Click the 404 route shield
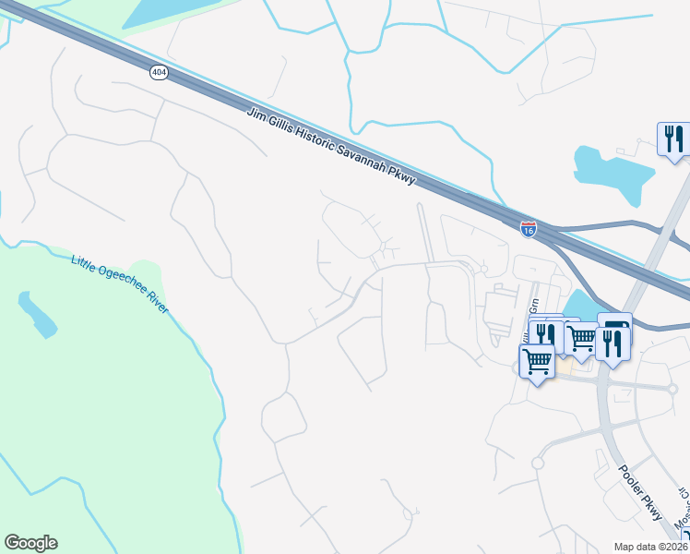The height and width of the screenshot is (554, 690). [159, 73]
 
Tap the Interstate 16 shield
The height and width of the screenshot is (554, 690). [528, 229]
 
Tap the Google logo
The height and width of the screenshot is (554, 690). [30, 543]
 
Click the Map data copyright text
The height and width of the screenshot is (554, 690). [651, 547]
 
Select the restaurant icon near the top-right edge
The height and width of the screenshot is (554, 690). [673, 139]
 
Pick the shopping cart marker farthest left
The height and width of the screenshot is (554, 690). [537, 360]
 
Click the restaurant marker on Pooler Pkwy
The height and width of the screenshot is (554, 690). [613, 343]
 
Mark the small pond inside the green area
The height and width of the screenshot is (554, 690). [37, 314]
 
